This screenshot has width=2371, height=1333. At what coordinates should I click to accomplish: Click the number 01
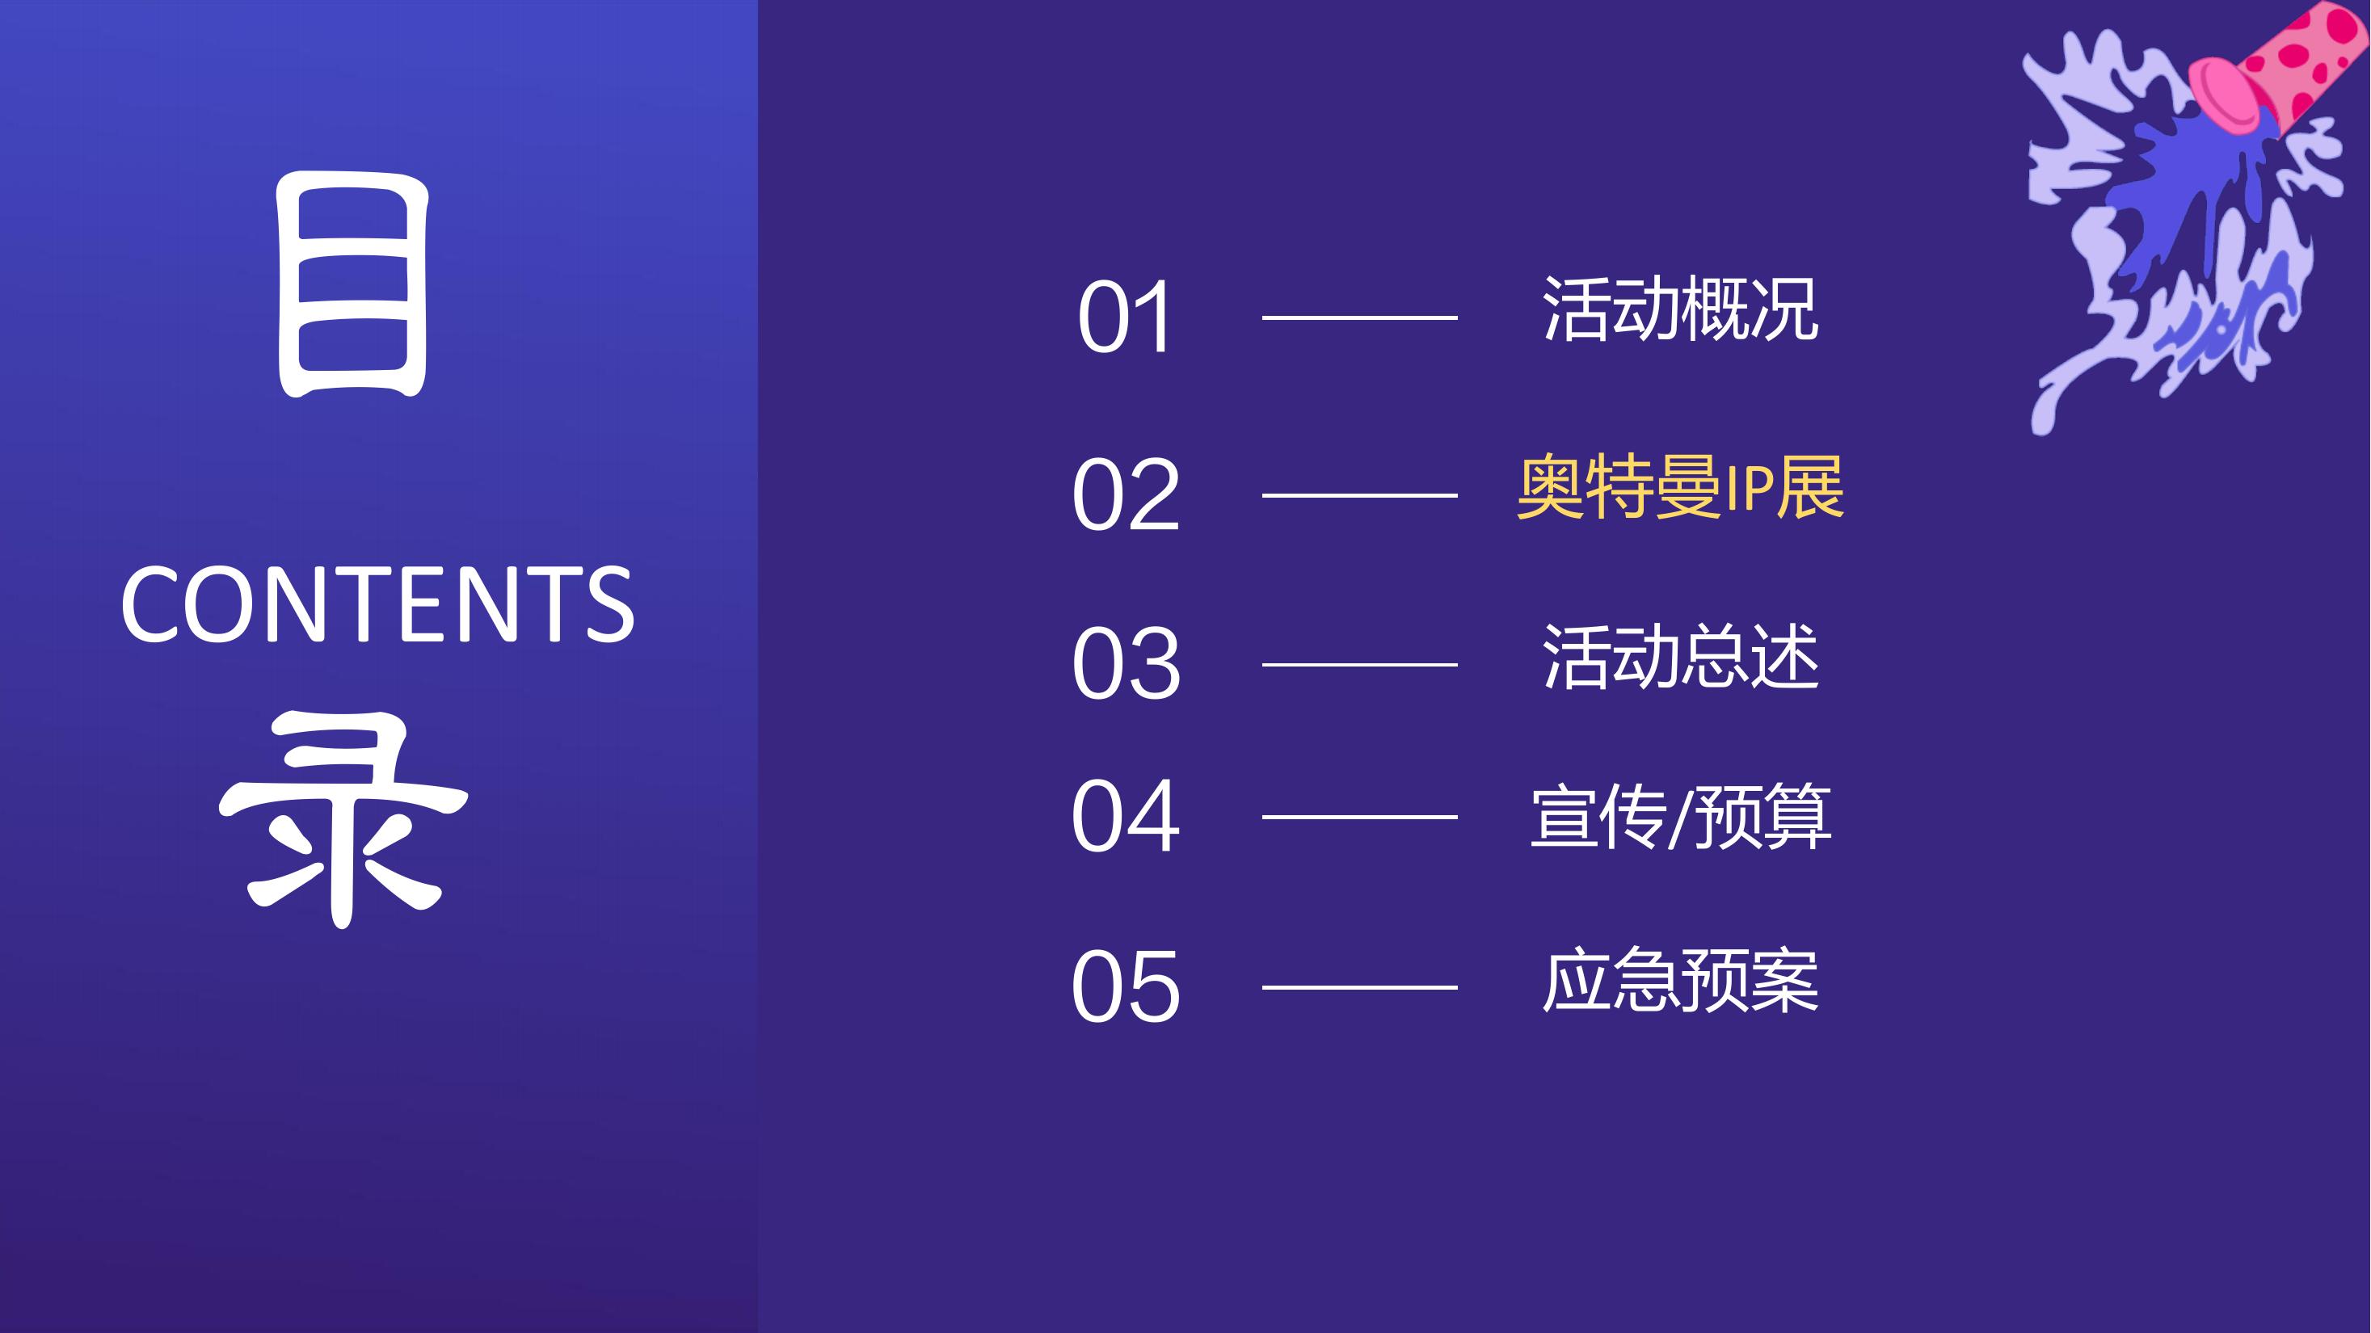1124,317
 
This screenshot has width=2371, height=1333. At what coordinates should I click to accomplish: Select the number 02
1126,495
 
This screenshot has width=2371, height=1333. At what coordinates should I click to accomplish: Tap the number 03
1126,663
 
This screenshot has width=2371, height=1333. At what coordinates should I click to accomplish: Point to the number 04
1125,816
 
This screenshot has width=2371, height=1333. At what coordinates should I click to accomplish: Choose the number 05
1125,987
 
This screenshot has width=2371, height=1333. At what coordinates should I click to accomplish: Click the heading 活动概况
1681,309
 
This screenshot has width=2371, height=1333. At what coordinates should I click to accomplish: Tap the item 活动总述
1681,656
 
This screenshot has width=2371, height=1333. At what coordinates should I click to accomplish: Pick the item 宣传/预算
1681,816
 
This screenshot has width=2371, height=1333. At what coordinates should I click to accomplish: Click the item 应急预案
1681,980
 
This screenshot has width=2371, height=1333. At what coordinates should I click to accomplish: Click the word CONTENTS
377,604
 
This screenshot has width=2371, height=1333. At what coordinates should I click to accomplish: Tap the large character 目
353,285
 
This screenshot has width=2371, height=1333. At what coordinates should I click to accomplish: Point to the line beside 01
1359,317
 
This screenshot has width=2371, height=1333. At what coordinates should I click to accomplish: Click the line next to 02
1359,495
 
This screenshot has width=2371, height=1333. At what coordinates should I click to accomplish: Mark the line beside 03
1359,664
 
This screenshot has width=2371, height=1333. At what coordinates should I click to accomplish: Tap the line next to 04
1359,817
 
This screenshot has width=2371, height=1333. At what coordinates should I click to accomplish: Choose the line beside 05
1359,987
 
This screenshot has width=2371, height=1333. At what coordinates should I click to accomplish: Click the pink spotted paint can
2273,69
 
